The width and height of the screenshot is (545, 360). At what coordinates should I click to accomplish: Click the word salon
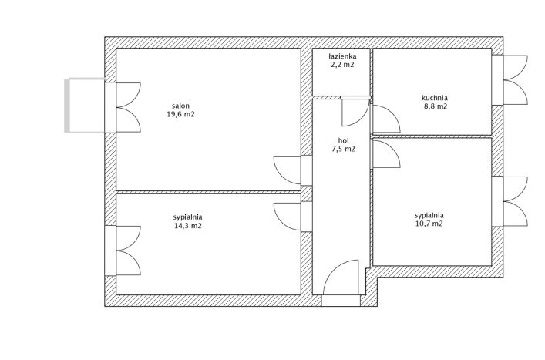(180, 106)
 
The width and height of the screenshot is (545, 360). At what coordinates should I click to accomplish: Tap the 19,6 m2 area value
(180, 114)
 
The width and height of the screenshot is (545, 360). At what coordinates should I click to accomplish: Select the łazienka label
(342, 56)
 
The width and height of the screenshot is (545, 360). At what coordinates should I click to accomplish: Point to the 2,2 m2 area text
(342, 64)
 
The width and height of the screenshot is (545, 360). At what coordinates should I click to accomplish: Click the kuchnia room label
(435, 98)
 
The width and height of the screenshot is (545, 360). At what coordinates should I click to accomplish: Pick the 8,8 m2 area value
(436, 106)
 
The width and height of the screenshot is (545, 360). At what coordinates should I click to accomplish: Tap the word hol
(343, 141)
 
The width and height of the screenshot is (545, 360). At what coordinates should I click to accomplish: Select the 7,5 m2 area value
(343, 150)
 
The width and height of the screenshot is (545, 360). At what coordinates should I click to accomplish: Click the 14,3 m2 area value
(187, 226)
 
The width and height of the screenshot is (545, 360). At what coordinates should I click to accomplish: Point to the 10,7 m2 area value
(429, 224)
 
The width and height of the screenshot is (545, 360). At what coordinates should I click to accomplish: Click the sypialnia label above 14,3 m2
(187, 217)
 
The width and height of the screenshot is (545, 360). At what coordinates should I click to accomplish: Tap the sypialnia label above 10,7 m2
(429, 215)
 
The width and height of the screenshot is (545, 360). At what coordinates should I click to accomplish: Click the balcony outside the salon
(85, 106)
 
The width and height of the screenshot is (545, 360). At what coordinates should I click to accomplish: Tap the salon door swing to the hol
(287, 170)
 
